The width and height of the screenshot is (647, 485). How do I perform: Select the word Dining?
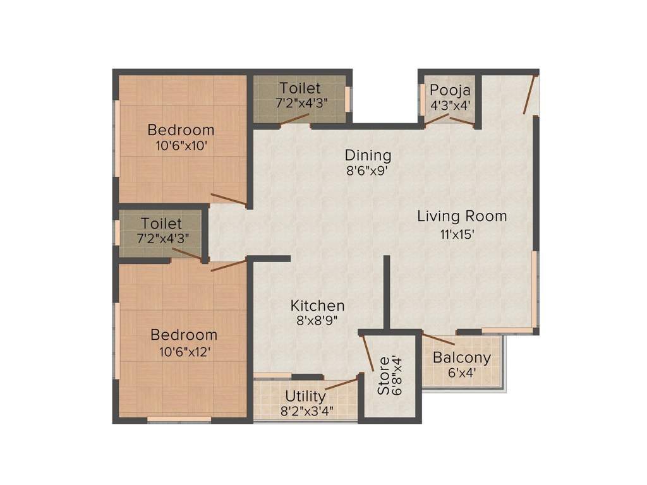click(368, 155)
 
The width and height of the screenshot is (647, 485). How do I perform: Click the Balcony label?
click(461, 357)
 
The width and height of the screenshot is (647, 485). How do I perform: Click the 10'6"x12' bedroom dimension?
click(184, 351)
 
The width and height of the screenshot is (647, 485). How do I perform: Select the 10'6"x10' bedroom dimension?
click(181, 146)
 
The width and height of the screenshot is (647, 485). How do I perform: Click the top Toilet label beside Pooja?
click(300, 88)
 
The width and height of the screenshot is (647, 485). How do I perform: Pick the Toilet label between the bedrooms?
click(161, 224)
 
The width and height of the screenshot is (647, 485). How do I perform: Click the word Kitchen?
click(317, 306)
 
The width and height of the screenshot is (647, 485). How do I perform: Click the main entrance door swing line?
click(530, 95)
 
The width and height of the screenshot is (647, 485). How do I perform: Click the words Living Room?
click(462, 217)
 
